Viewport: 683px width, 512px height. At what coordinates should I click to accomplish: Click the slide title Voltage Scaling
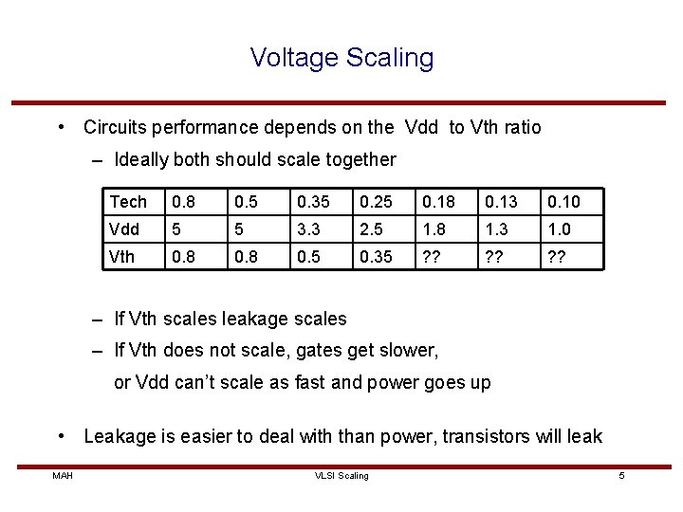click(341, 58)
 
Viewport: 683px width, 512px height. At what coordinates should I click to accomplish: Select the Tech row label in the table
click(128, 202)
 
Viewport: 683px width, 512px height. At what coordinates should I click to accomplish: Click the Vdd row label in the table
click(124, 229)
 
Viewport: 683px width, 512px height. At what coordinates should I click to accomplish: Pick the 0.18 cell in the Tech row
click(438, 202)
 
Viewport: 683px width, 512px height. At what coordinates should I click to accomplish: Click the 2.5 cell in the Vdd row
click(372, 229)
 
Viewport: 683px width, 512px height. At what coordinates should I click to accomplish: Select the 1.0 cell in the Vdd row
click(561, 229)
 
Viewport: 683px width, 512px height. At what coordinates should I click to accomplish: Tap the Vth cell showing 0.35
click(376, 256)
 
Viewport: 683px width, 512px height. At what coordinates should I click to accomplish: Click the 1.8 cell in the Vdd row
click(434, 229)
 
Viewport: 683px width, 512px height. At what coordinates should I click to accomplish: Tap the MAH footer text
click(63, 475)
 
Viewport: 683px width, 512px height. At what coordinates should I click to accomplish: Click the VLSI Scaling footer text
click(341, 475)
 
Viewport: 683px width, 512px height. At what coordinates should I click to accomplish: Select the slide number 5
click(621, 475)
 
